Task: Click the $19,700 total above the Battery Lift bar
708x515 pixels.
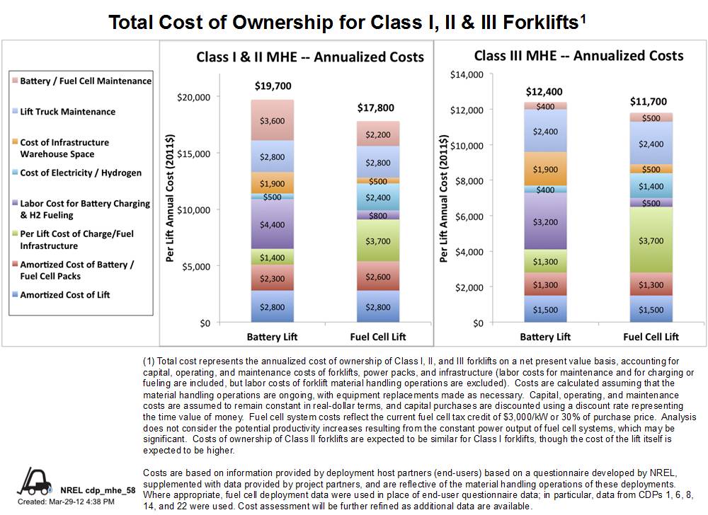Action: pos(273,86)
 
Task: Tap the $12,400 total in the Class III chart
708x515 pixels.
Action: pos(544,92)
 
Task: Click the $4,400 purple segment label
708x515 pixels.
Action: pos(273,225)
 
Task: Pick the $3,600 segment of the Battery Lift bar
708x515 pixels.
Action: pos(273,121)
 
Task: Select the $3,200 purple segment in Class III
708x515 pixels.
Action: pos(544,221)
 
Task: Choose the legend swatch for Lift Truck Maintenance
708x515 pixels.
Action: pos(15,112)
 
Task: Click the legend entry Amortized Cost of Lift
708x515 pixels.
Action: pos(65,295)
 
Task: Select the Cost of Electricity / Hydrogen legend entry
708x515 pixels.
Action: pos(80,173)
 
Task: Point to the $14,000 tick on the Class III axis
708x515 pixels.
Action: pos(466,74)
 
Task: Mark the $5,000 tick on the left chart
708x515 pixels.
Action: pos(195,267)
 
